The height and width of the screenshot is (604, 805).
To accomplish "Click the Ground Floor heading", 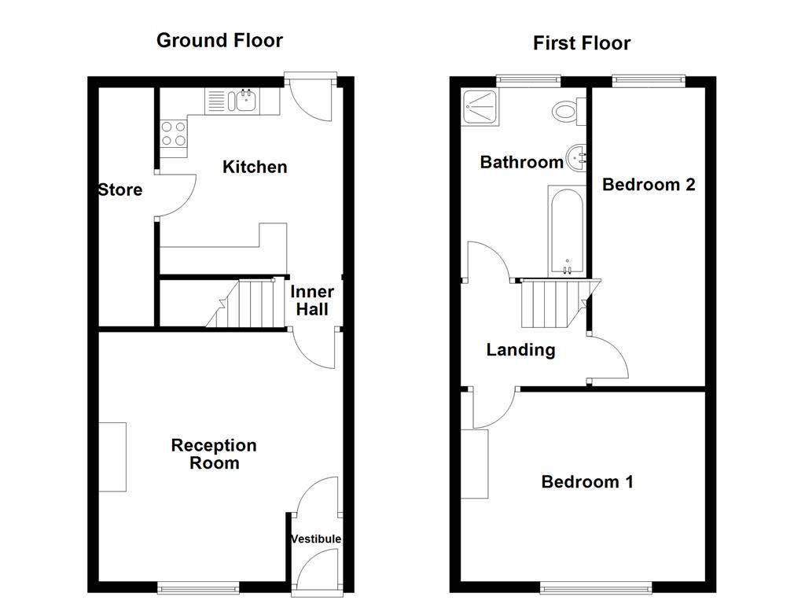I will (219, 41).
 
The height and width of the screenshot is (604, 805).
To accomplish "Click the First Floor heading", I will (581, 43).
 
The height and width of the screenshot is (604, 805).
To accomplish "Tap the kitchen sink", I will (241, 101).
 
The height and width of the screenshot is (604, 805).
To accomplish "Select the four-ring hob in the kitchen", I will (174, 134).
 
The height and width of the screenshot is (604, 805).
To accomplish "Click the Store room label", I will (120, 190).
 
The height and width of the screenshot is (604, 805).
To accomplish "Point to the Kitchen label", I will (255, 167).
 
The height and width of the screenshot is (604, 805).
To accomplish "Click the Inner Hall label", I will (311, 300).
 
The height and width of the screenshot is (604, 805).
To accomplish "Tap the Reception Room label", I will (214, 454).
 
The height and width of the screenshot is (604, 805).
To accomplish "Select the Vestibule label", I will (316, 539).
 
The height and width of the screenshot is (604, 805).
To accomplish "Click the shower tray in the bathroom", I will (476, 107).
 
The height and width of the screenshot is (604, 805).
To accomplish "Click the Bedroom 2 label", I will (649, 185).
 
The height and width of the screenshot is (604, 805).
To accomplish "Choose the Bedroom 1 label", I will (586, 481).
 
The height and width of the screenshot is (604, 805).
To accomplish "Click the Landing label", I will (520, 350).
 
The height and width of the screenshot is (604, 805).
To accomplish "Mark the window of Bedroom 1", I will (595, 587).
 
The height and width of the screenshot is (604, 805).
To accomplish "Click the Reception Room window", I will (198, 587).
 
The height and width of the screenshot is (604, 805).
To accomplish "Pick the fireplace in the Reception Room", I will (112, 457).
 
